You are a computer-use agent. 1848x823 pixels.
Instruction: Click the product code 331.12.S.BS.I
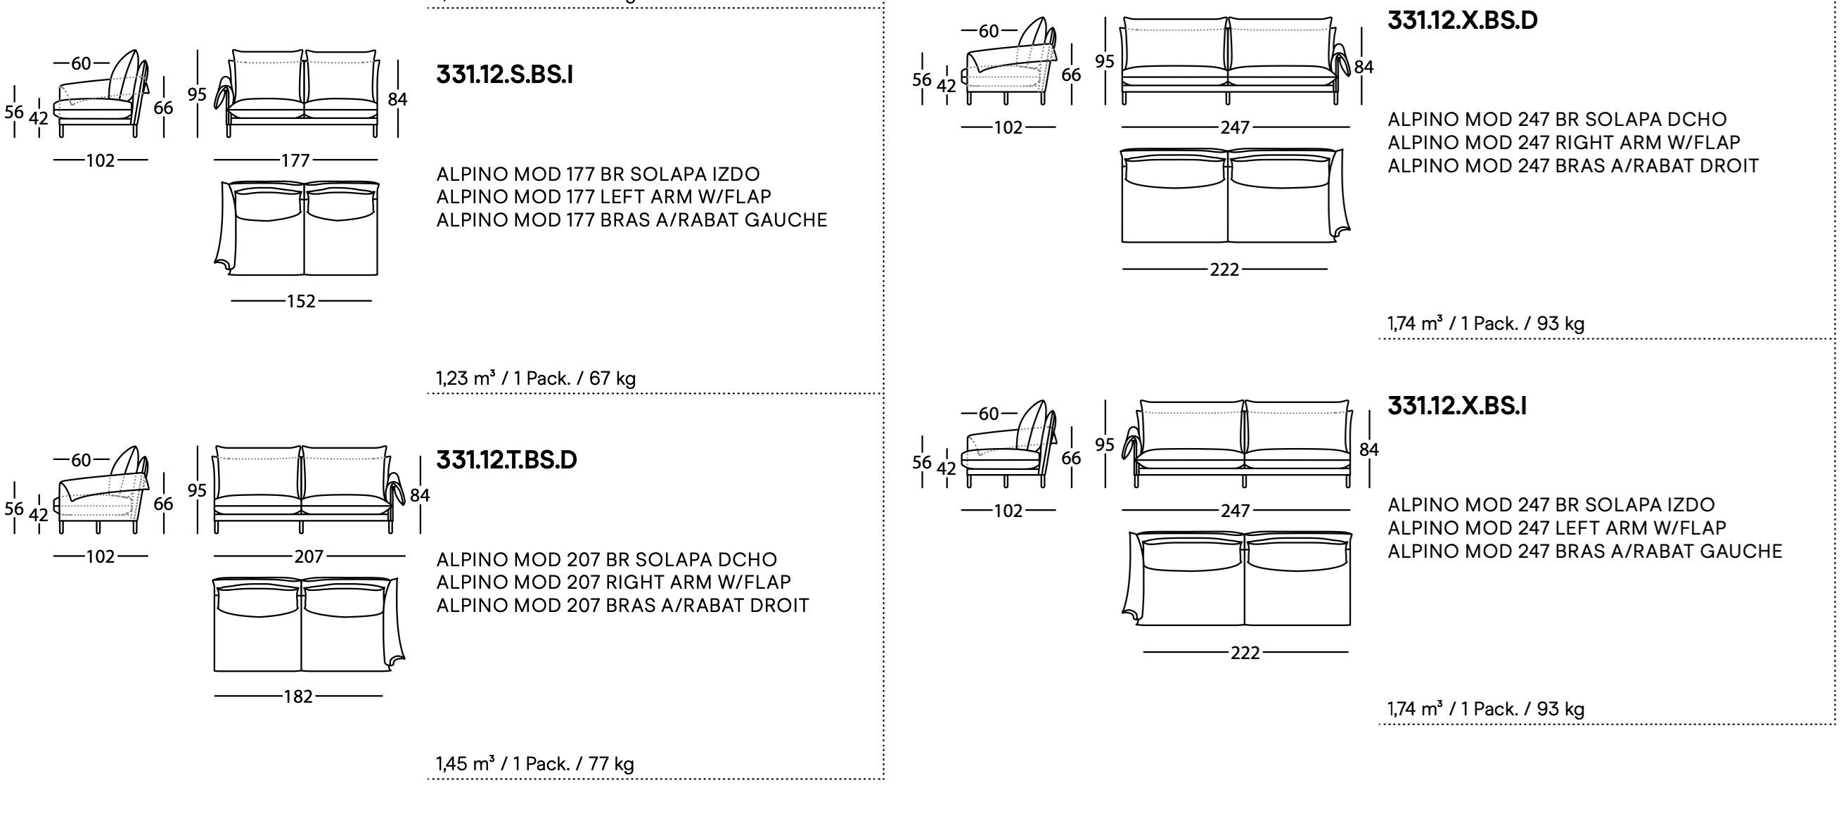[504, 75]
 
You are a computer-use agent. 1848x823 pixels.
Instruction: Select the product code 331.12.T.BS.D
[506, 460]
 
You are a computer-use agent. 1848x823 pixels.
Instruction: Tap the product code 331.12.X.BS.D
[1462, 20]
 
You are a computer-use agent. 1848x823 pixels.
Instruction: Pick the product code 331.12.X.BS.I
[1456, 406]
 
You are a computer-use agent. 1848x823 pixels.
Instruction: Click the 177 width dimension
[295, 160]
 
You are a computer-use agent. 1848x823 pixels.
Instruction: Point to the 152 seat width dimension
[300, 301]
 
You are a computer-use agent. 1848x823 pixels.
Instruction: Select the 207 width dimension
[309, 557]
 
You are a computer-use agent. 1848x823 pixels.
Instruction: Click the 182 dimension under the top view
[297, 696]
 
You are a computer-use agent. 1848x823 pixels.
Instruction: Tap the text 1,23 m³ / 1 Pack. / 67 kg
[535, 378]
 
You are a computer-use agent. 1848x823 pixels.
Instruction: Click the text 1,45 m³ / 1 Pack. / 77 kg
[534, 764]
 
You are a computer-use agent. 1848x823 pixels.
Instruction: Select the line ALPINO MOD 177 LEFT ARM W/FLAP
[603, 196]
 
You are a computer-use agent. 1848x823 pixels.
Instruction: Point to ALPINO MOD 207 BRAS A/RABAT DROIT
[622, 606]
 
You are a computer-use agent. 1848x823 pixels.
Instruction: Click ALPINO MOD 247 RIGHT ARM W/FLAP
[1563, 143]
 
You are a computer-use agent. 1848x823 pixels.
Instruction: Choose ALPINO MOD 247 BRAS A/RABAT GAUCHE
[1584, 551]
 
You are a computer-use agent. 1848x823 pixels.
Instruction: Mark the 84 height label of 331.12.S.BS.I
[397, 99]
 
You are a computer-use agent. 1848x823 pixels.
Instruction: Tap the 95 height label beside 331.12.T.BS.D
[198, 491]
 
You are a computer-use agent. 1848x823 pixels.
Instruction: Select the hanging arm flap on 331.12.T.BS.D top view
[394, 624]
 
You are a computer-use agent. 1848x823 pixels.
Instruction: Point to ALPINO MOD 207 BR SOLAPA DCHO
[606, 560]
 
